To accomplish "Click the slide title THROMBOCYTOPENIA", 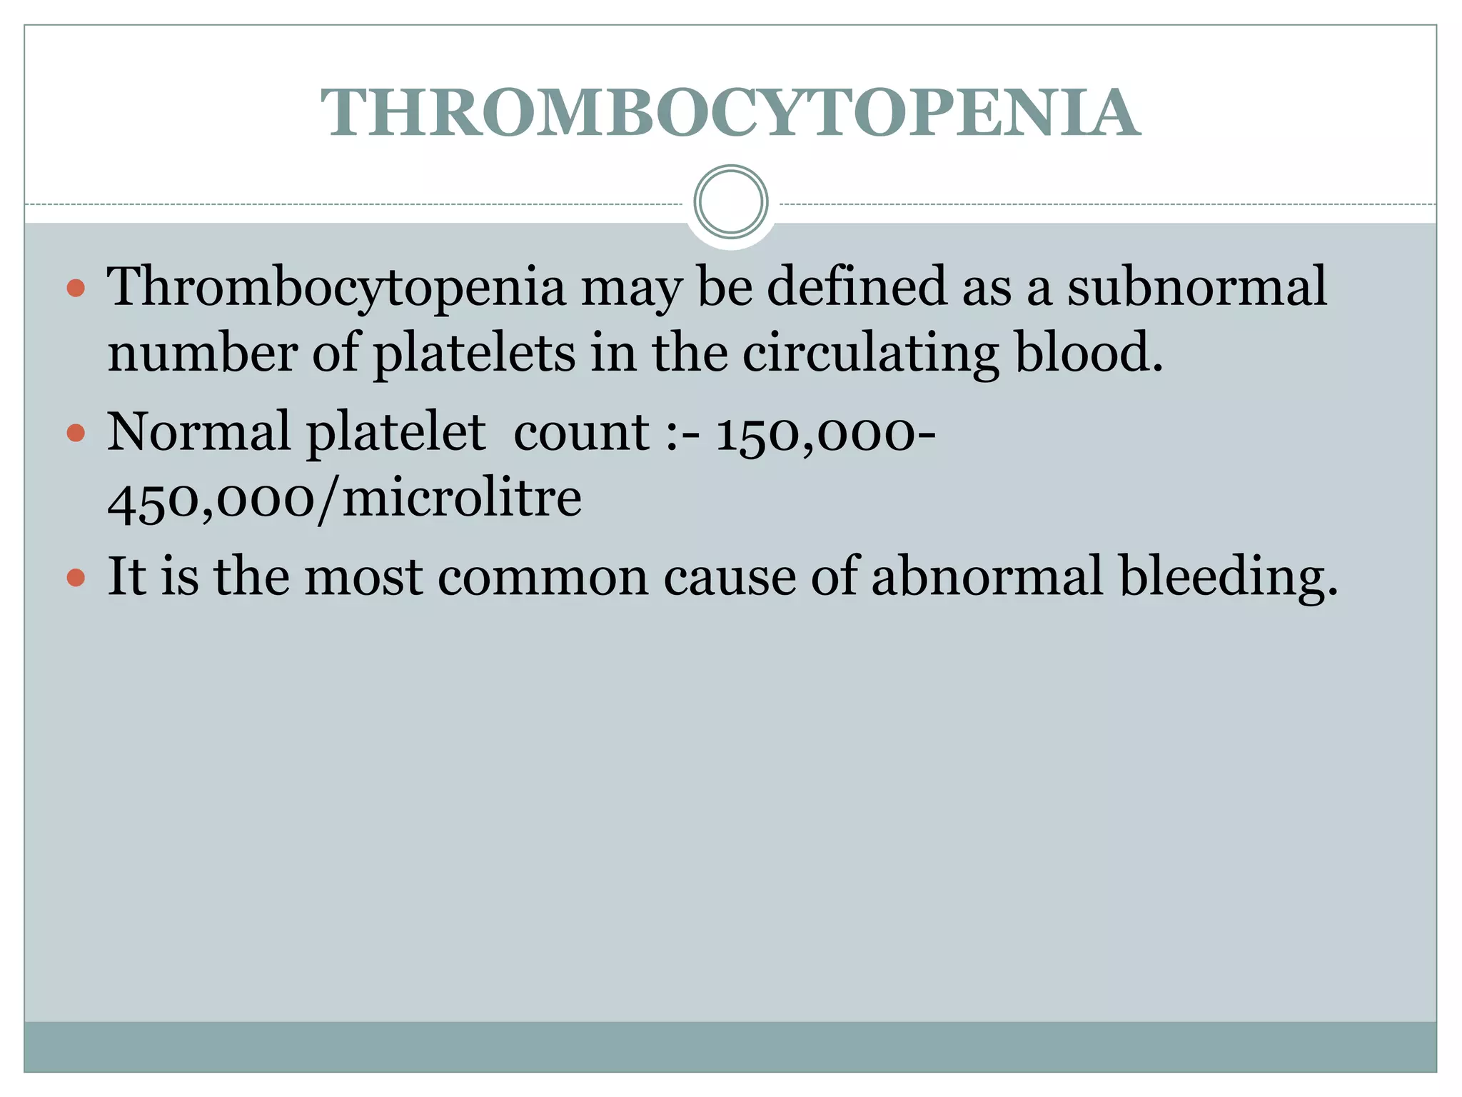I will click(730, 113).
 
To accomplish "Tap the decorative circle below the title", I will click(731, 201).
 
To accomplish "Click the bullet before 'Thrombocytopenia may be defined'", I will click(76, 289).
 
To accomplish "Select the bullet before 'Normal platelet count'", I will click(76, 433).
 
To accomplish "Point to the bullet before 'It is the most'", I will click(76, 577).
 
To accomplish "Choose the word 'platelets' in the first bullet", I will click(474, 353).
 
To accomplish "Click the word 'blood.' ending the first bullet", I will click(1089, 353).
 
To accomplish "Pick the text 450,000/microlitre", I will click(344, 499).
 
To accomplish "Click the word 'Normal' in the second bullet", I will click(198, 433).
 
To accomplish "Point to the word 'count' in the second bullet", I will click(581, 433).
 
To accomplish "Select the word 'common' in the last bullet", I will click(543, 576).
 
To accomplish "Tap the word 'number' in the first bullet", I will click(202, 353).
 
